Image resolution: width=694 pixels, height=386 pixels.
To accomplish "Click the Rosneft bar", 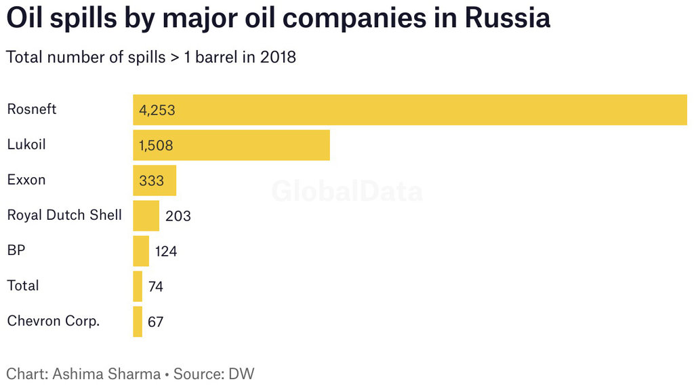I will [410, 110].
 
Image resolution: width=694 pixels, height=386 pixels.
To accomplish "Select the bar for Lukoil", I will [231, 145].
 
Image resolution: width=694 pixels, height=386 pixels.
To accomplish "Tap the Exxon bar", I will [155, 180].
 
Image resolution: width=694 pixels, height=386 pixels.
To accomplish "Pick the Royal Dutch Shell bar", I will [146, 216].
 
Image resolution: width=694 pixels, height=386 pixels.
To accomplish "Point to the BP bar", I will [141, 251].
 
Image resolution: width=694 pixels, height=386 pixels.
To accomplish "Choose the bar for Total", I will [138, 286].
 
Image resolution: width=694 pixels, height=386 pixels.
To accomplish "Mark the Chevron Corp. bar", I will [138, 322].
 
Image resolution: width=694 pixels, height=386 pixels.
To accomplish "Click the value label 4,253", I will [157, 110].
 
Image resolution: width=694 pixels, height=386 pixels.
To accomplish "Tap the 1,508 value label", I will [157, 145].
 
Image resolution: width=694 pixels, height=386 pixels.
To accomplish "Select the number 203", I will [178, 216].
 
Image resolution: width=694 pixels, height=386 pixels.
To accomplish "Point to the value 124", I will [166, 252].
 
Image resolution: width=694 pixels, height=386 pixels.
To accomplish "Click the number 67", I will [156, 322].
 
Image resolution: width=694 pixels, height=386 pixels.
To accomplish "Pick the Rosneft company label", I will [32, 109].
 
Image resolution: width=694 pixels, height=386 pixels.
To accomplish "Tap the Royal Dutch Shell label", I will [64, 215].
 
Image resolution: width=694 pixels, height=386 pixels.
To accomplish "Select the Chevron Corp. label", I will [54, 321].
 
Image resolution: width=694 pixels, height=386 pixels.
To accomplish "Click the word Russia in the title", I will [507, 18].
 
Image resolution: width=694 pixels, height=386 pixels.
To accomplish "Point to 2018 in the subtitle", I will [277, 57].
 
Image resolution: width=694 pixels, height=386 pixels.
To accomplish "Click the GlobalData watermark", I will [347, 192].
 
